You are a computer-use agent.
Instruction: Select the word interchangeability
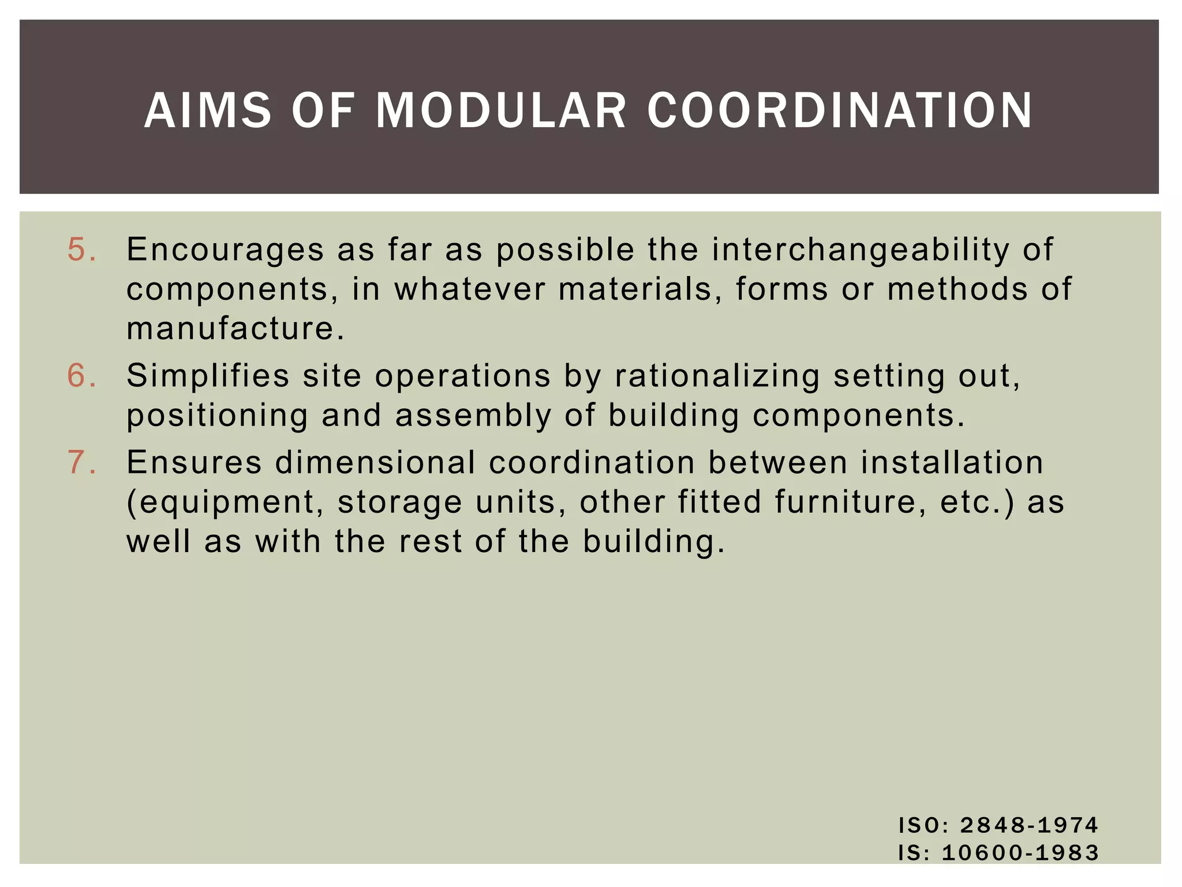pos(860,250)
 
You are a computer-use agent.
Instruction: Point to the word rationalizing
pos(717,376)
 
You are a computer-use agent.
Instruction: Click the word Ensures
pos(194,463)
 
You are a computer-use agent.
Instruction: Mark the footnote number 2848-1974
pos(1029,825)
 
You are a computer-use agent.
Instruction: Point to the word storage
pos(399,502)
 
